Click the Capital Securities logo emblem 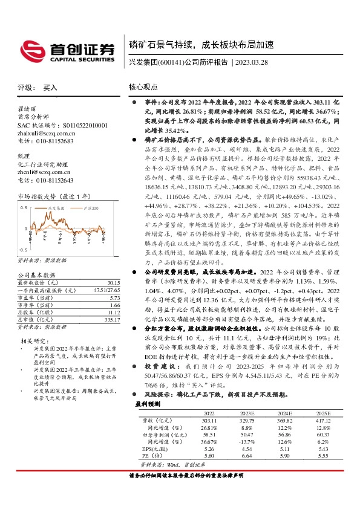tap(30, 49)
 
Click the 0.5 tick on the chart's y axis tap(24, 207)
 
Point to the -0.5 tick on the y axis tap(23, 249)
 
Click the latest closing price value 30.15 tap(113, 282)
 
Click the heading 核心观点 tap(145, 87)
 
